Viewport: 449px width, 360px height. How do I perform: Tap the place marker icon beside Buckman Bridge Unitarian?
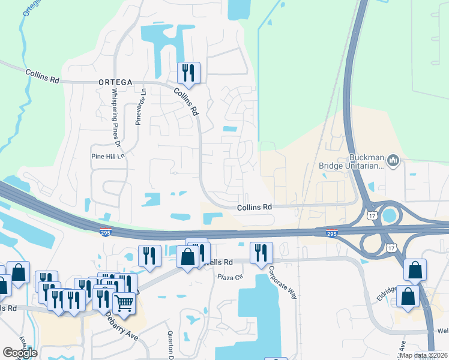tap(394, 160)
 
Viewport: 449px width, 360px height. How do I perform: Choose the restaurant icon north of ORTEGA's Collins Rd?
tap(189, 73)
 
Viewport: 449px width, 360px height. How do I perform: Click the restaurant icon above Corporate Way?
tap(261, 253)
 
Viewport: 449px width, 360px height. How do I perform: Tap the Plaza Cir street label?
tap(230, 277)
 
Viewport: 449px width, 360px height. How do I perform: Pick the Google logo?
tap(20, 353)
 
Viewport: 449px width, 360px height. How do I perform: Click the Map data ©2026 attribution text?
tap(423, 355)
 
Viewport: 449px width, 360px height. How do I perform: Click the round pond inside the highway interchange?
tap(391, 215)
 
